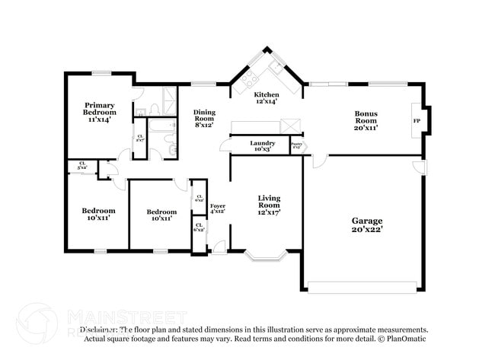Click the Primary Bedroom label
[100, 112]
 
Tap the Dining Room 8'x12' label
[203, 118]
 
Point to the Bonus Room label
[366, 121]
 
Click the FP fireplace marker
[417, 121]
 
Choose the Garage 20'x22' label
[366, 225]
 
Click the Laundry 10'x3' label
[262, 145]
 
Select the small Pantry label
[296, 145]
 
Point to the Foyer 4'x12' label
[218, 209]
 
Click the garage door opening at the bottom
[362, 287]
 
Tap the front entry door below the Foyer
[219, 247]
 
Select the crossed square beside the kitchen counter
[290, 126]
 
